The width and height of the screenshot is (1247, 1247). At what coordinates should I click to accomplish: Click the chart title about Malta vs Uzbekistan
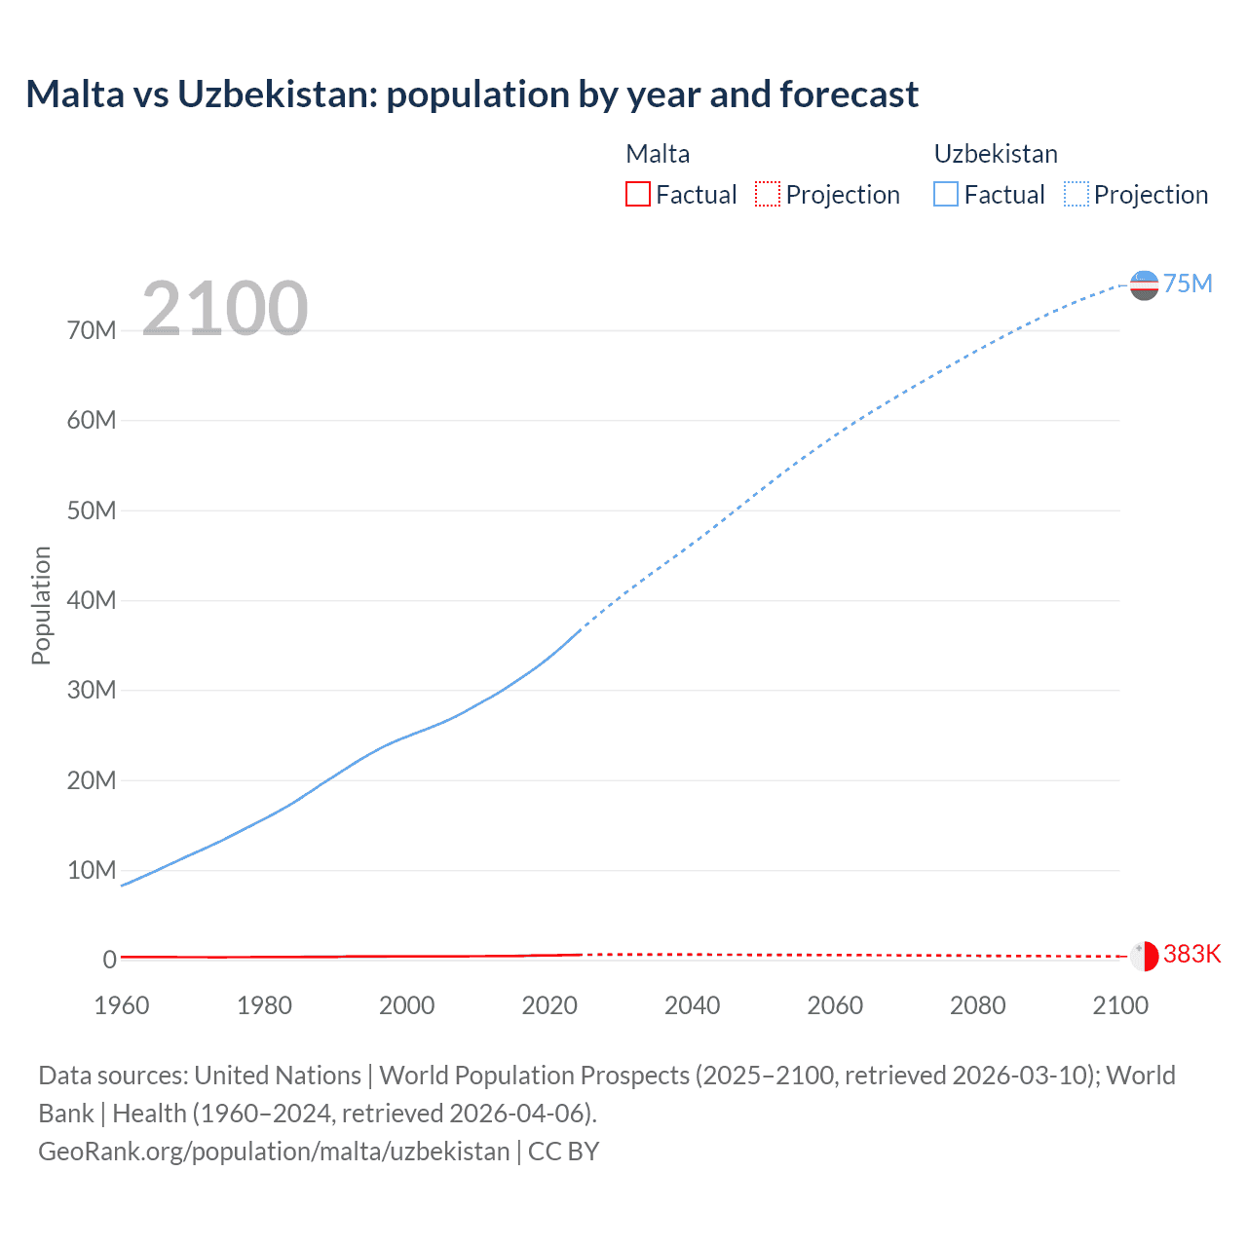(x=472, y=94)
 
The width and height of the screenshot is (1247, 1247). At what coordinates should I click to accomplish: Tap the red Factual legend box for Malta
(x=637, y=194)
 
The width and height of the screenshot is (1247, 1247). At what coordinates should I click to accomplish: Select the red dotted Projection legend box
(x=768, y=194)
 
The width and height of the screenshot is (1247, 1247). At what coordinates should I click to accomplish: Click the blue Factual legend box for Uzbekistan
(x=945, y=194)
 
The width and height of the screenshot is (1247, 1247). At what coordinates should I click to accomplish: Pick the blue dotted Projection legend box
(x=1076, y=194)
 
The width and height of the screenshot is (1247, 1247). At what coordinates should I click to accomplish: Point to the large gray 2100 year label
(x=225, y=309)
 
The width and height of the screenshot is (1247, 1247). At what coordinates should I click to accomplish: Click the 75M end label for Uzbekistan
(x=1188, y=283)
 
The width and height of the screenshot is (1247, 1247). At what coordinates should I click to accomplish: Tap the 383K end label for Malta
(x=1191, y=954)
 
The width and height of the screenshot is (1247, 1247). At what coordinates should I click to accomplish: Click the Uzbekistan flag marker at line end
(x=1144, y=285)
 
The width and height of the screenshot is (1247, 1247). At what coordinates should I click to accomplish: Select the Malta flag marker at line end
(x=1144, y=956)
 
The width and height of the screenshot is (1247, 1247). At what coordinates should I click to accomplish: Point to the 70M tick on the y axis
(x=92, y=330)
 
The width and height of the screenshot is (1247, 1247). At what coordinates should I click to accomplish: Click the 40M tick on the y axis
(x=92, y=600)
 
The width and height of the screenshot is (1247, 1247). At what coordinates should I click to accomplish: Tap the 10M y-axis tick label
(x=92, y=870)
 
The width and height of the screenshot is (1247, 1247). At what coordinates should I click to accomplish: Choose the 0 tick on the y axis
(x=109, y=960)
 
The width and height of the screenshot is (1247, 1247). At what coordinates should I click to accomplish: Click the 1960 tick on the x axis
(x=122, y=1005)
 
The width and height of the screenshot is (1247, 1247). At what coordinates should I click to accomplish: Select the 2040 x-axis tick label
(x=692, y=1005)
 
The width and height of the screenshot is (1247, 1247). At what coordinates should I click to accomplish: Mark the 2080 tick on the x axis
(x=977, y=1005)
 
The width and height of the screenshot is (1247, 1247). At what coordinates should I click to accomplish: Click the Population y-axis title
(x=41, y=605)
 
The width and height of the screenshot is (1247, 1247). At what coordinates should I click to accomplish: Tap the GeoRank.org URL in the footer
(x=274, y=1152)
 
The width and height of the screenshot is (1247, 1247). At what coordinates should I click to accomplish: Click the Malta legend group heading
(x=658, y=154)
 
